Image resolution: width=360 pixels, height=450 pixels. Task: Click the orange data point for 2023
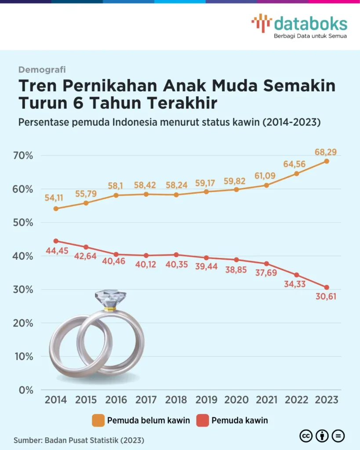point(327,161)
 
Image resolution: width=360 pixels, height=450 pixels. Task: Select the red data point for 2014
point(56,241)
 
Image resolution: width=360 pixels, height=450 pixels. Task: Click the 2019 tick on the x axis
point(206,399)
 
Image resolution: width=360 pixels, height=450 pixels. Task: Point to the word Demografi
point(42,69)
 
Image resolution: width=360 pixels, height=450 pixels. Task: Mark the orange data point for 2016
point(116,195)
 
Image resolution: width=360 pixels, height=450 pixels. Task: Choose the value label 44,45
point(56,251)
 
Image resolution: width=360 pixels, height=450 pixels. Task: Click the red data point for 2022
point(297,275)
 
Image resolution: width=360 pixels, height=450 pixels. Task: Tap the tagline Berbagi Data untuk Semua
point(310,36)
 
